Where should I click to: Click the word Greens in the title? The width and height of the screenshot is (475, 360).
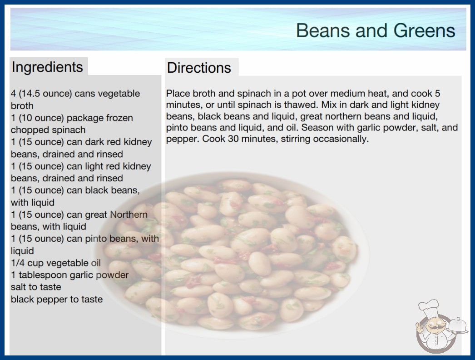click(424, 30)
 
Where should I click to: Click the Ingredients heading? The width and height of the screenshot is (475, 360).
click(47, 67)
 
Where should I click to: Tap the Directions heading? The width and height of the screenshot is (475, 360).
click(199, 68)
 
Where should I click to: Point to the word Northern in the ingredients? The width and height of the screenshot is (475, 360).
click(129, 215)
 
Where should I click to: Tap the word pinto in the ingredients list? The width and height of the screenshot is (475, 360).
click(96, 239)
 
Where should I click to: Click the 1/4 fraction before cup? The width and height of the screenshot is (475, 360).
click(18, 263)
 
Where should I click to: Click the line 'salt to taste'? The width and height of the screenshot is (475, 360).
click(36, 287)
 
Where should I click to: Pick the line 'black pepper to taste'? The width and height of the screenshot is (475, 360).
click(57, 300)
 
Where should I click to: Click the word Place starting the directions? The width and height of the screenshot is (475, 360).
click(178, 94)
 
